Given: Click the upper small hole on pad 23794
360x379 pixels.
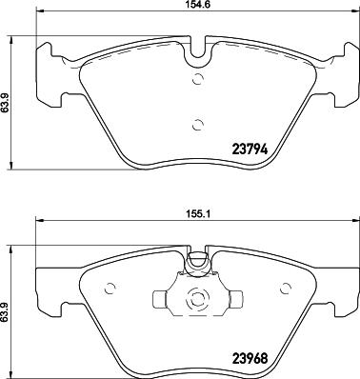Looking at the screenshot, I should [198, 80].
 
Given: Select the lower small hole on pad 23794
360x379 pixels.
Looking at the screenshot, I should [197, 123].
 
